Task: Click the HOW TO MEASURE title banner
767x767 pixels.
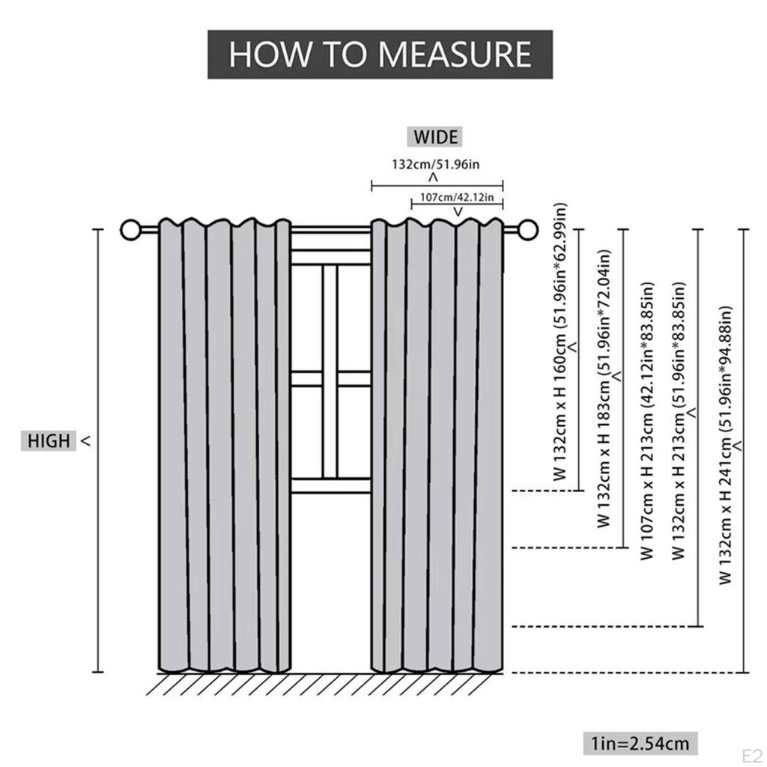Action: [380, 55]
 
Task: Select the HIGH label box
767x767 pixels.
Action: [48, 441]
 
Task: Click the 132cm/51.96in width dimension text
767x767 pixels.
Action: [434, 163]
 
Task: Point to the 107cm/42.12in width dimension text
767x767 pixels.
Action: [457, 197]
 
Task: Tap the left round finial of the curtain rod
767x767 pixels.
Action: [130, 228]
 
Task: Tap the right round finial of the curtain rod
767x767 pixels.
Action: [528, 228]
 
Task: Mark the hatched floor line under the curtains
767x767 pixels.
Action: [330, 683]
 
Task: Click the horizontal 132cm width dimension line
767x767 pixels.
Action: [437, 186]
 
